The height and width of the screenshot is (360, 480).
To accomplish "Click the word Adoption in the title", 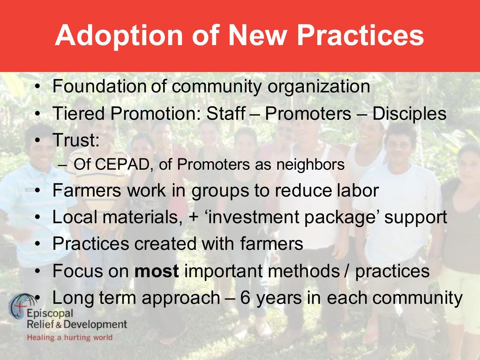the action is pos(119,36).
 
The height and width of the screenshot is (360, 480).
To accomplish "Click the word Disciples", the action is pos(409,114).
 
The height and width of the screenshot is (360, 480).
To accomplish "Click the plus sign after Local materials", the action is pos(194,217).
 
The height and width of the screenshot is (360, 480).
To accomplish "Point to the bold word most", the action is pos(157,271).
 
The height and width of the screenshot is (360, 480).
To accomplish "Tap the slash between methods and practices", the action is pos(347,270).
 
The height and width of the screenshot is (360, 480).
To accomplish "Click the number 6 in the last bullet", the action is pos(245,298).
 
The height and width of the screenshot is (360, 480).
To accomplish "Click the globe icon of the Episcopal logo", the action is pos(22,306).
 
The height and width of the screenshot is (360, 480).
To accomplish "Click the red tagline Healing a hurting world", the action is pos(70,337).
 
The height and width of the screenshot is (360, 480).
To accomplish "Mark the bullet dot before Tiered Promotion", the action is pos(37,114).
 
